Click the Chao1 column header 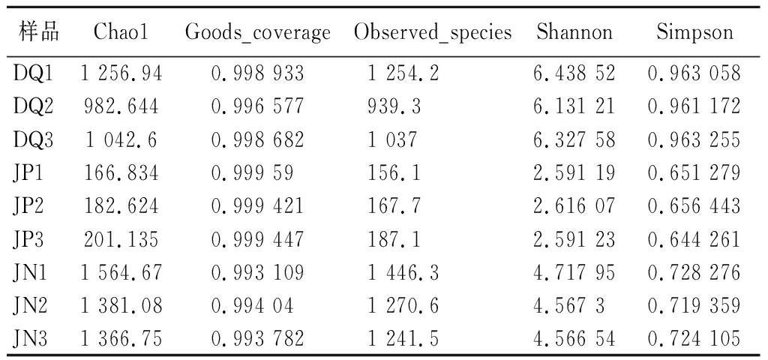coord(121,32)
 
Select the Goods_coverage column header coord(257,33)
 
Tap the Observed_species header coord(433,33)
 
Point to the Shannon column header coord(574,32)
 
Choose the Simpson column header coord(694,32)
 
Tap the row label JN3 coord(30,339)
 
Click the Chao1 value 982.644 coord(121,106)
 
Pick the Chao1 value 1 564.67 coord(121,273)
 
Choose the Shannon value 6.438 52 coord(574,73)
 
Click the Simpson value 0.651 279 coord(694,173)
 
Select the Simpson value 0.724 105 coord(694,339)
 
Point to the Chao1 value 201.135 coord(121,239)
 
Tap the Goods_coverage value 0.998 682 coord(258,140)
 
